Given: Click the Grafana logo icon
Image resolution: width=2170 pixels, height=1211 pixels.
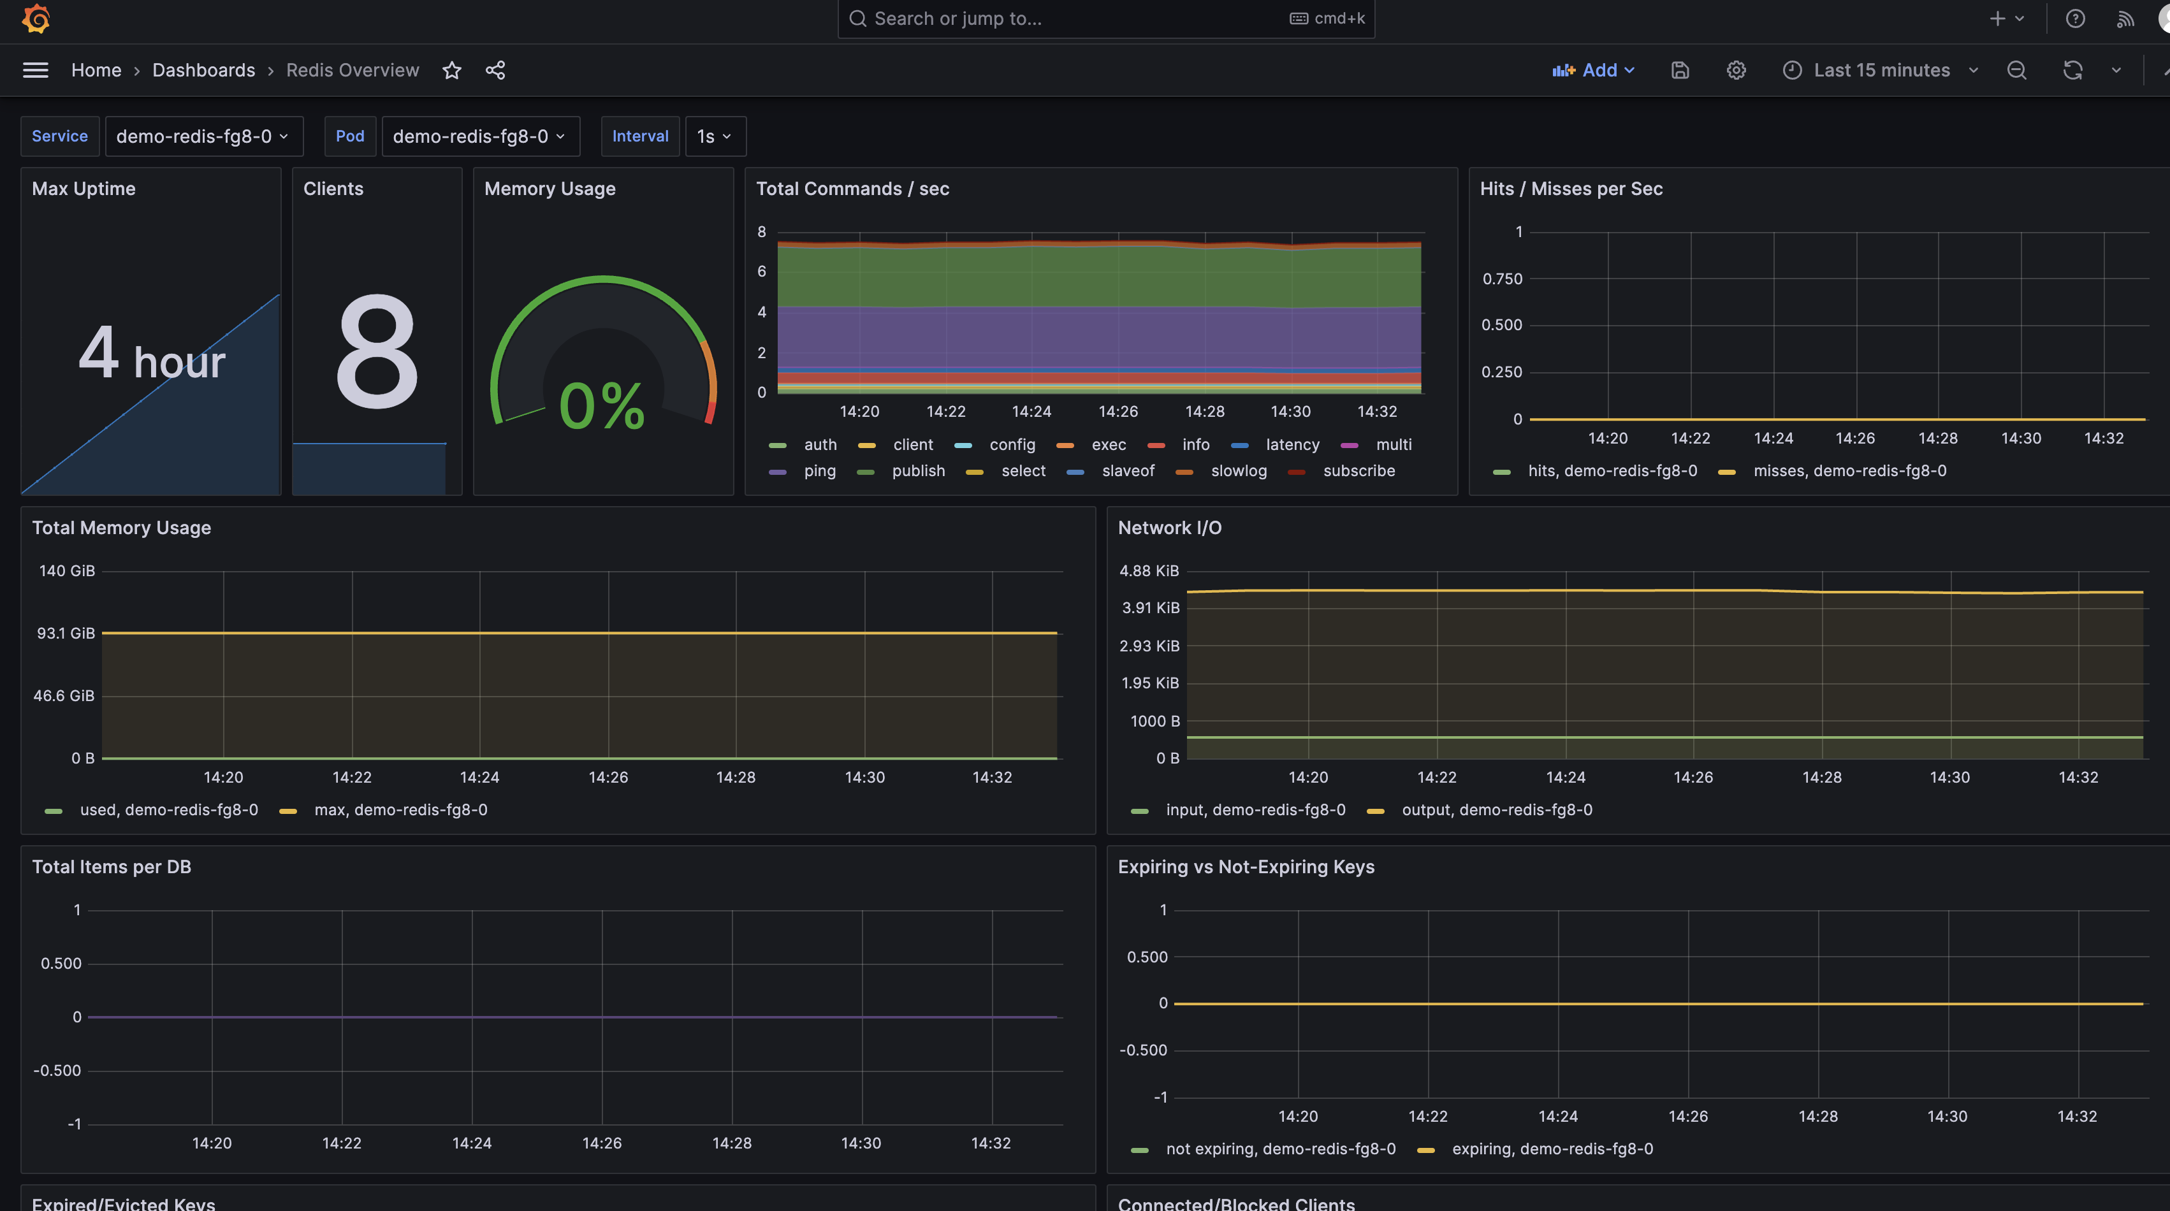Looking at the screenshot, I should (36, 18).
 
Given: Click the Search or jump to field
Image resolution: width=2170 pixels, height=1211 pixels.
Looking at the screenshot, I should (1070, 18).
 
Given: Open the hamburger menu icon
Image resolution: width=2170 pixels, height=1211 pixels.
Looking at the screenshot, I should (36, 70).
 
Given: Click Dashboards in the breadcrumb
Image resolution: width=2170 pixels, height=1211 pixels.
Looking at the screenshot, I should (203, 70).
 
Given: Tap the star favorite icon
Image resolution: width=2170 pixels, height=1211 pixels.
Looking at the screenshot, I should (453, 70).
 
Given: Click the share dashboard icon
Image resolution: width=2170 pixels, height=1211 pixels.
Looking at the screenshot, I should (495, 70).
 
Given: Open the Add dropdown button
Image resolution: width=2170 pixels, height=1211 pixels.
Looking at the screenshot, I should (1593, 70).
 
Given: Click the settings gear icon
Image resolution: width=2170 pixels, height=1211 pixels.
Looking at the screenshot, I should (1736, 70).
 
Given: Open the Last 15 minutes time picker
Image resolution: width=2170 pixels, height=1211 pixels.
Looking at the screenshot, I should (1879, 70).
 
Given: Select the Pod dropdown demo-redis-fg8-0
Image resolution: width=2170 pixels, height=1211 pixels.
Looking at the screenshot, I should (479, 136).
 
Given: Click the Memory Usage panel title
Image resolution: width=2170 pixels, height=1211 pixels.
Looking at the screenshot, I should (550, 189).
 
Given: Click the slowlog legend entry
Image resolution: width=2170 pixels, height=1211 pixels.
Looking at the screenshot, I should (1238, 471).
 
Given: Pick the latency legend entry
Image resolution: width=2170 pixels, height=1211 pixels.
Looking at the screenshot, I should (1292, 445).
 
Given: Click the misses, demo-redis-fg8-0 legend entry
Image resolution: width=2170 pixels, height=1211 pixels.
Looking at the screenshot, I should (1849, 471).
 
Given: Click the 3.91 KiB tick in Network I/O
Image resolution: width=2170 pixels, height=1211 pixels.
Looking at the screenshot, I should (1150, 608).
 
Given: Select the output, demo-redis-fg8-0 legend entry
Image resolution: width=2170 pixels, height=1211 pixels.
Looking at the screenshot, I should (1496, 810).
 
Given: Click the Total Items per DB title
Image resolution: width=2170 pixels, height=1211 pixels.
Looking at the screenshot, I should (111, 867).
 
